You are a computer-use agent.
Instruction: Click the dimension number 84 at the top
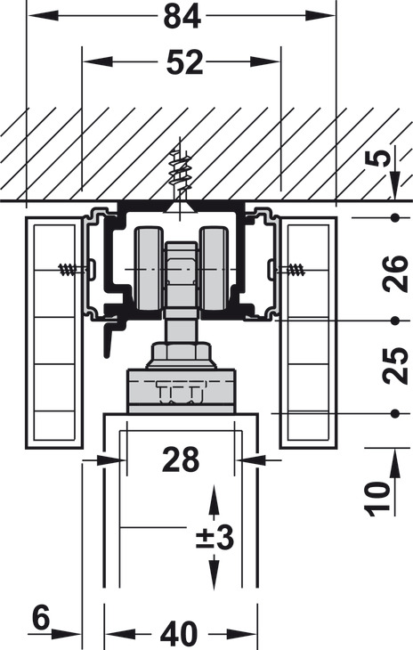click(182, 16)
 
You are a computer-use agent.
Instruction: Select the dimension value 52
click(184, 62)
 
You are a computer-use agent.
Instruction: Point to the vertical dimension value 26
click(395, 273)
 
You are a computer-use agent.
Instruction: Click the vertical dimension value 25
click(395, 366)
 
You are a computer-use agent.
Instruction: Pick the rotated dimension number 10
click(377, 500)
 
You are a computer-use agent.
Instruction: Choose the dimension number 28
click(181, 459)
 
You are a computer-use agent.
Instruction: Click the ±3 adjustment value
click(215, 538)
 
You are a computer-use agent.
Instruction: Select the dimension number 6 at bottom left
click(41, 617)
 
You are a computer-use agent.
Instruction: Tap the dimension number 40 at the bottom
click(179, 634)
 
